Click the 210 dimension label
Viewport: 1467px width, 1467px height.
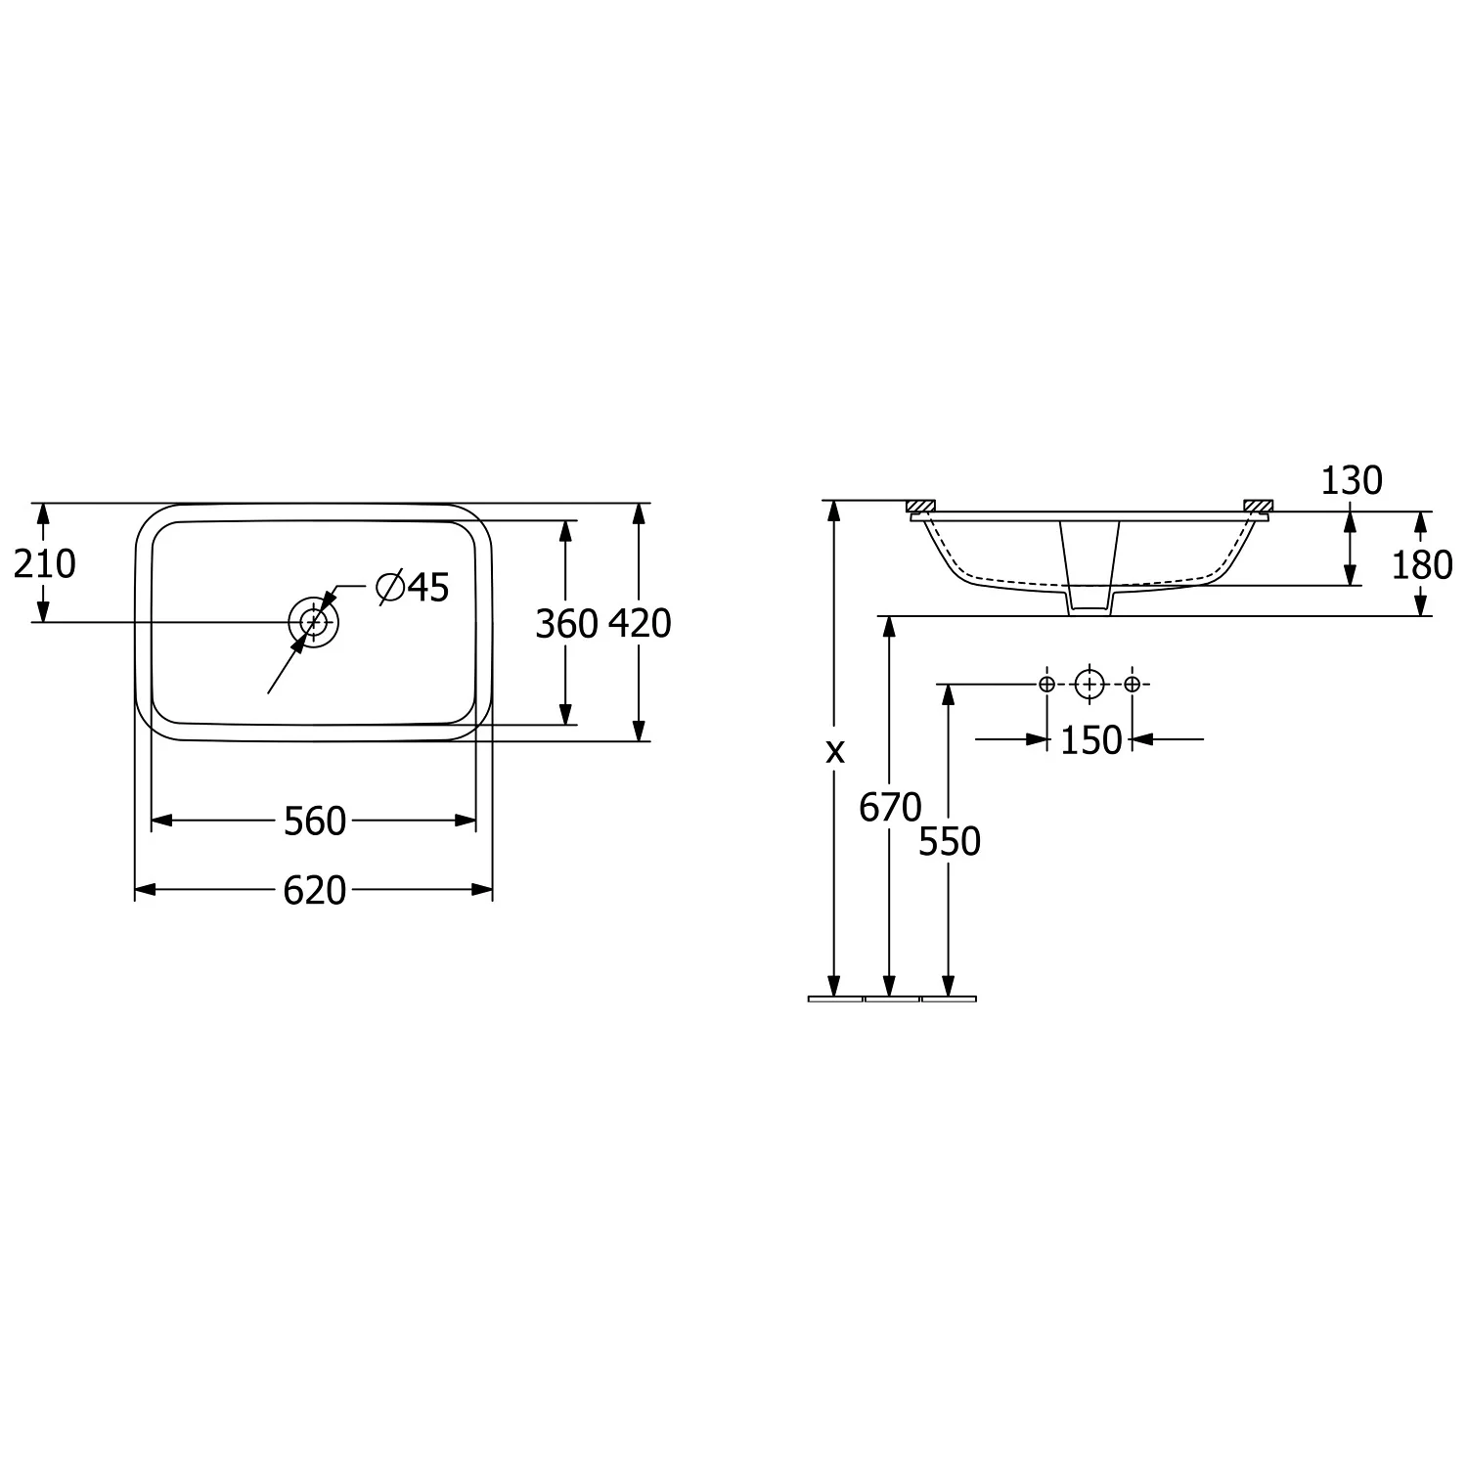point(44,563)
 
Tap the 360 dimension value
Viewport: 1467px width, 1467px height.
point(566,623)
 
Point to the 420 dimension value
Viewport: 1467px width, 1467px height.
point(640,623)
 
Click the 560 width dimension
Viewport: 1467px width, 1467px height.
point(315,822)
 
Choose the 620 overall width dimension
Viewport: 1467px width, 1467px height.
point(315,890)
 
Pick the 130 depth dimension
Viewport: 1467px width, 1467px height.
point(1352,480)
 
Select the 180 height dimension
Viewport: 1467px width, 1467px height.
point(1422,565)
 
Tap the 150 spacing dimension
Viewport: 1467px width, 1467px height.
point(1091,740)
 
